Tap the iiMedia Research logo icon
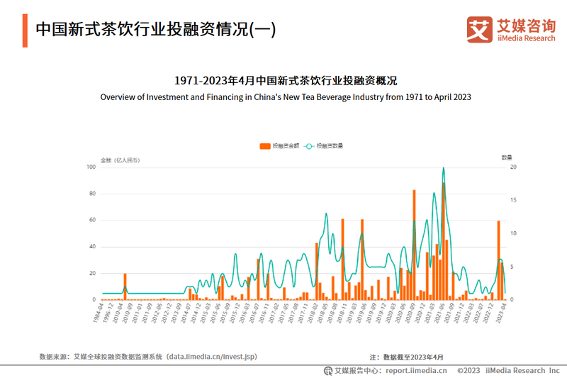click(479, 29)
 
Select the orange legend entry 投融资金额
click(279, 145)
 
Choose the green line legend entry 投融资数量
click(325, 145)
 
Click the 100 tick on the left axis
click(91, 167)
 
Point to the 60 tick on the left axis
click(91, 221)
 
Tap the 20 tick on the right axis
click(514, 167)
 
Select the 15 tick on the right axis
click(514, 200)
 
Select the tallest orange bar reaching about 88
click(444, 241)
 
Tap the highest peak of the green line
click(444, 168)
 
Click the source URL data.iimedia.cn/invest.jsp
click(212, 357)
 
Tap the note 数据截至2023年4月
click(413, 357)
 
